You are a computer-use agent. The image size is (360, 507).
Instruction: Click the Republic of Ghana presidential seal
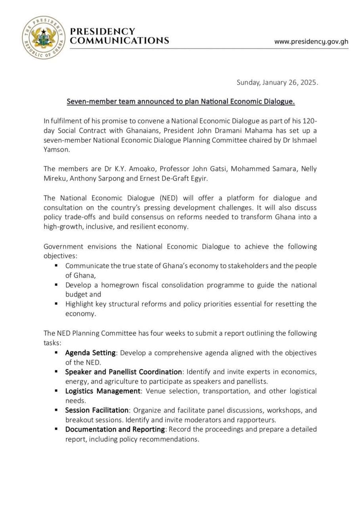(x=44, y=38)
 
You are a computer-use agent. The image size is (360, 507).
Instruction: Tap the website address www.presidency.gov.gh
(x=311, y=41)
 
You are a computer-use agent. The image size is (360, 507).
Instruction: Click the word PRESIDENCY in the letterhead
(x=103, y=31)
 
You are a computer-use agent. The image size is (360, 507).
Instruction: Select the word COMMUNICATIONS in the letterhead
(x=119, y=40)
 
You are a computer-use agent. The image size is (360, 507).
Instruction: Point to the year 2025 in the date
(x=309, y=83)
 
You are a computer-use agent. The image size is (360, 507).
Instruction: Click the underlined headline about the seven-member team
(x=180, y=102)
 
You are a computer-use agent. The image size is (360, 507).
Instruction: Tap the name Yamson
(x=56, y=150)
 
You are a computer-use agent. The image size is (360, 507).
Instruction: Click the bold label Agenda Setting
(x=90, y=353)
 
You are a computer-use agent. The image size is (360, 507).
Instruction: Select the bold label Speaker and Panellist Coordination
(x=123, y=372)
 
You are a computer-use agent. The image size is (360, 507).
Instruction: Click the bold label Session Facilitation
(x=97, y=410)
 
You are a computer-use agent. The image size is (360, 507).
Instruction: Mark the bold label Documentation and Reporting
(x=115, y=429)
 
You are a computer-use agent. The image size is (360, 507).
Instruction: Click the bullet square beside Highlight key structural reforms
(x=56, y=304)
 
